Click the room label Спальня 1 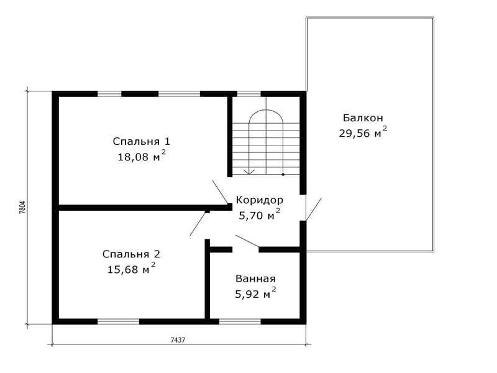coord(142,142)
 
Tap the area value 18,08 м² coord(142,156)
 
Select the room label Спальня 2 coord(131,254)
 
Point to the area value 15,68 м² coord(131,269)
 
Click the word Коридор coord(260,200)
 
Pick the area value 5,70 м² coord(260,214)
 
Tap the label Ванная coord(255,279)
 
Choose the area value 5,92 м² coord(255,293)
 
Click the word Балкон coord(363,118)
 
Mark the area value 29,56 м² coord(363,132)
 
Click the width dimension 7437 coord(178,340)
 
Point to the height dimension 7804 coord(22,208)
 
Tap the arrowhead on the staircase coord(250,172)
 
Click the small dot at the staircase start coord(283,175)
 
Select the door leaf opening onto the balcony coord(313,210)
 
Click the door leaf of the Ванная coord(247,241)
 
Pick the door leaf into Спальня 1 coord(221,192)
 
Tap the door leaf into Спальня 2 coord(198,224)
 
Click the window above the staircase coord(249,94)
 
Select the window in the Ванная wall coord(240,321)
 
